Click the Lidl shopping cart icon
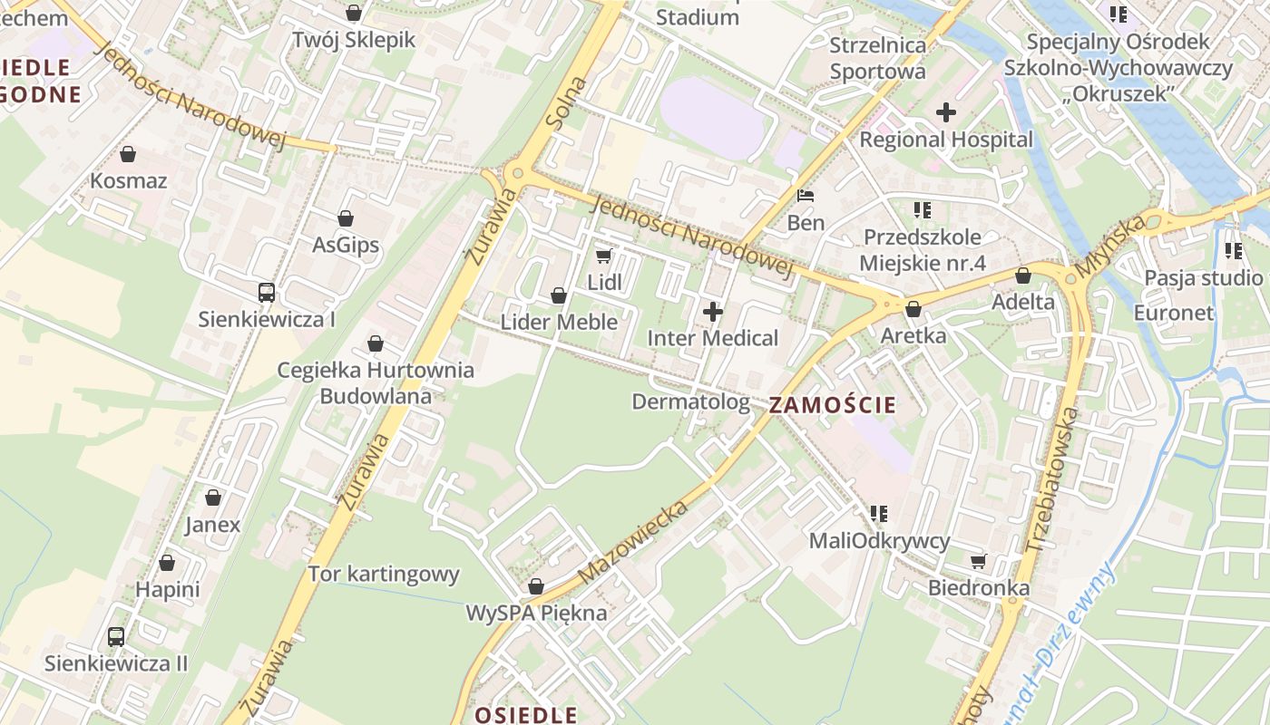[604, 256]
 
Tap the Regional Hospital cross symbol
[946, 112]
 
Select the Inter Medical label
[713, 338]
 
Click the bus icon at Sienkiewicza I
[267, 293]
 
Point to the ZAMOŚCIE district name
[832, 405]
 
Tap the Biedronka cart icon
[978, 561]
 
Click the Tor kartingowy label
[384, 574]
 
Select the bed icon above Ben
[806, 196]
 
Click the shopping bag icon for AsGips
[346, 218]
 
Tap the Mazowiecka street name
[633, 540]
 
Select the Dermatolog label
[691, 401]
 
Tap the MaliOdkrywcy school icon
[878, 514]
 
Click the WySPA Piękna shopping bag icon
[536, 586]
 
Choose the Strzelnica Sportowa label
[878, 58]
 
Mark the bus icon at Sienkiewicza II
[116, 636]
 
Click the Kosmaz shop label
[128, 180]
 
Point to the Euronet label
[1174, 313]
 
